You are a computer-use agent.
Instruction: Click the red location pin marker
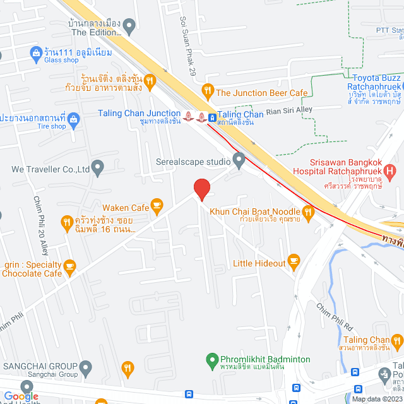(x=201, y=189)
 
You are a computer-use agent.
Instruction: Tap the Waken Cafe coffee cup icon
(x=157, y=205)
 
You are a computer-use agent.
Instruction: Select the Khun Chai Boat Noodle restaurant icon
(x=308, y=213)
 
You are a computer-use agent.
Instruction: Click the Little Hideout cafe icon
(x=293, y=260)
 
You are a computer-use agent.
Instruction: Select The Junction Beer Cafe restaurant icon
(x=207, y=92)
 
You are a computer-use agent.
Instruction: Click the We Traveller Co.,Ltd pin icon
(x=97, y=168)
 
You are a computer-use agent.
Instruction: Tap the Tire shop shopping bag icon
(x=74, y=118)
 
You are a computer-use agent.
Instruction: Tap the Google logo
(x=21, y=396)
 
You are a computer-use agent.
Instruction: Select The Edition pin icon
(x=129, y=27)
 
